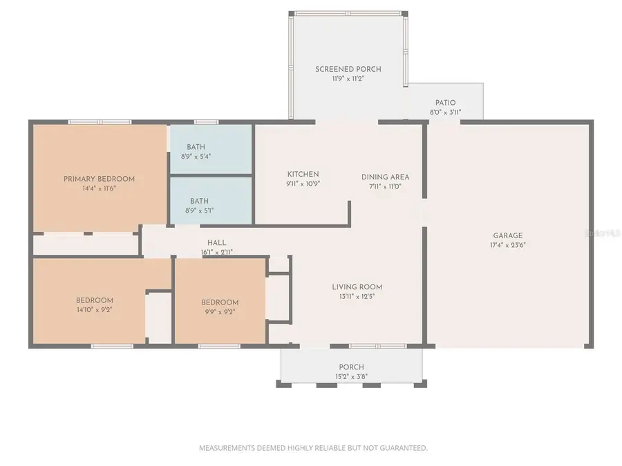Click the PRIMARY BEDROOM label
pos(99,179)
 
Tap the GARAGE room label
pos(507,235)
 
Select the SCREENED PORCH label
pos(348,69)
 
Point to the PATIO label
pos(445,103)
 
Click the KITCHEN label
pos(303,174)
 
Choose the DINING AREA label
pos(385,177)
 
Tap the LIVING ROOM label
pos(357,287)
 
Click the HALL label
pos(216,243)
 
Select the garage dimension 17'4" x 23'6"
pos(507,245)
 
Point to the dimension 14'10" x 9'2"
pos(95,310)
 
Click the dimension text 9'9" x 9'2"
pos(220,312)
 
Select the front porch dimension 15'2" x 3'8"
pos(351,376)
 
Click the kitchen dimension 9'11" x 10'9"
pos(303,184)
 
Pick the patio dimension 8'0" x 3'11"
pos(445,112)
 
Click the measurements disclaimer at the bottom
pos(313,448)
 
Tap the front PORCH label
pos(351,367)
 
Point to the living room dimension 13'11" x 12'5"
pos(357,297)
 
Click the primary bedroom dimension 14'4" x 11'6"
pos(99,188)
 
